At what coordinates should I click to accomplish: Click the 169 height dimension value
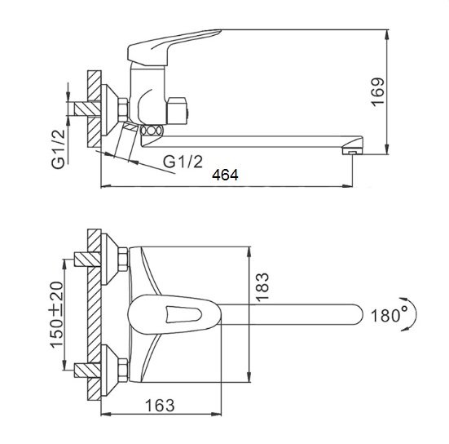tap(378, 91)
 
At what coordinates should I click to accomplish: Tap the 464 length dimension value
tap(225, 175)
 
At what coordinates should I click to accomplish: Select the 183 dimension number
tap(262, 286)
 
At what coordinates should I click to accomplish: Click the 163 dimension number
tap(160, 406)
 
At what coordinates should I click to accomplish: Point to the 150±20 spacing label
tap(56, 315)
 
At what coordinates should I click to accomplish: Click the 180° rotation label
tap(390, 315)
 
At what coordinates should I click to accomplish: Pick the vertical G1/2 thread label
tap(59, 149)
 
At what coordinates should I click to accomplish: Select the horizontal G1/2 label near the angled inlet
tap(183, 162)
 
